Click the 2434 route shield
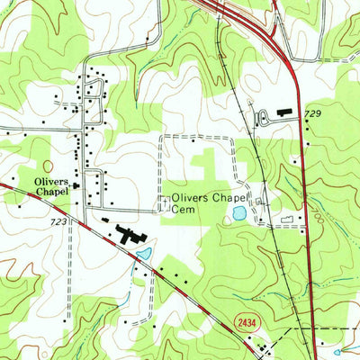(x=247, y=321)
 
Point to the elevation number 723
(x=58, y=220)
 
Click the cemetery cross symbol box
(x=165, y=203)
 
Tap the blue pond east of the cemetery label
(x=238, y=213)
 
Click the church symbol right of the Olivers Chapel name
(x=76, y=185)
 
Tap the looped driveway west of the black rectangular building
(x=262, y=118)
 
